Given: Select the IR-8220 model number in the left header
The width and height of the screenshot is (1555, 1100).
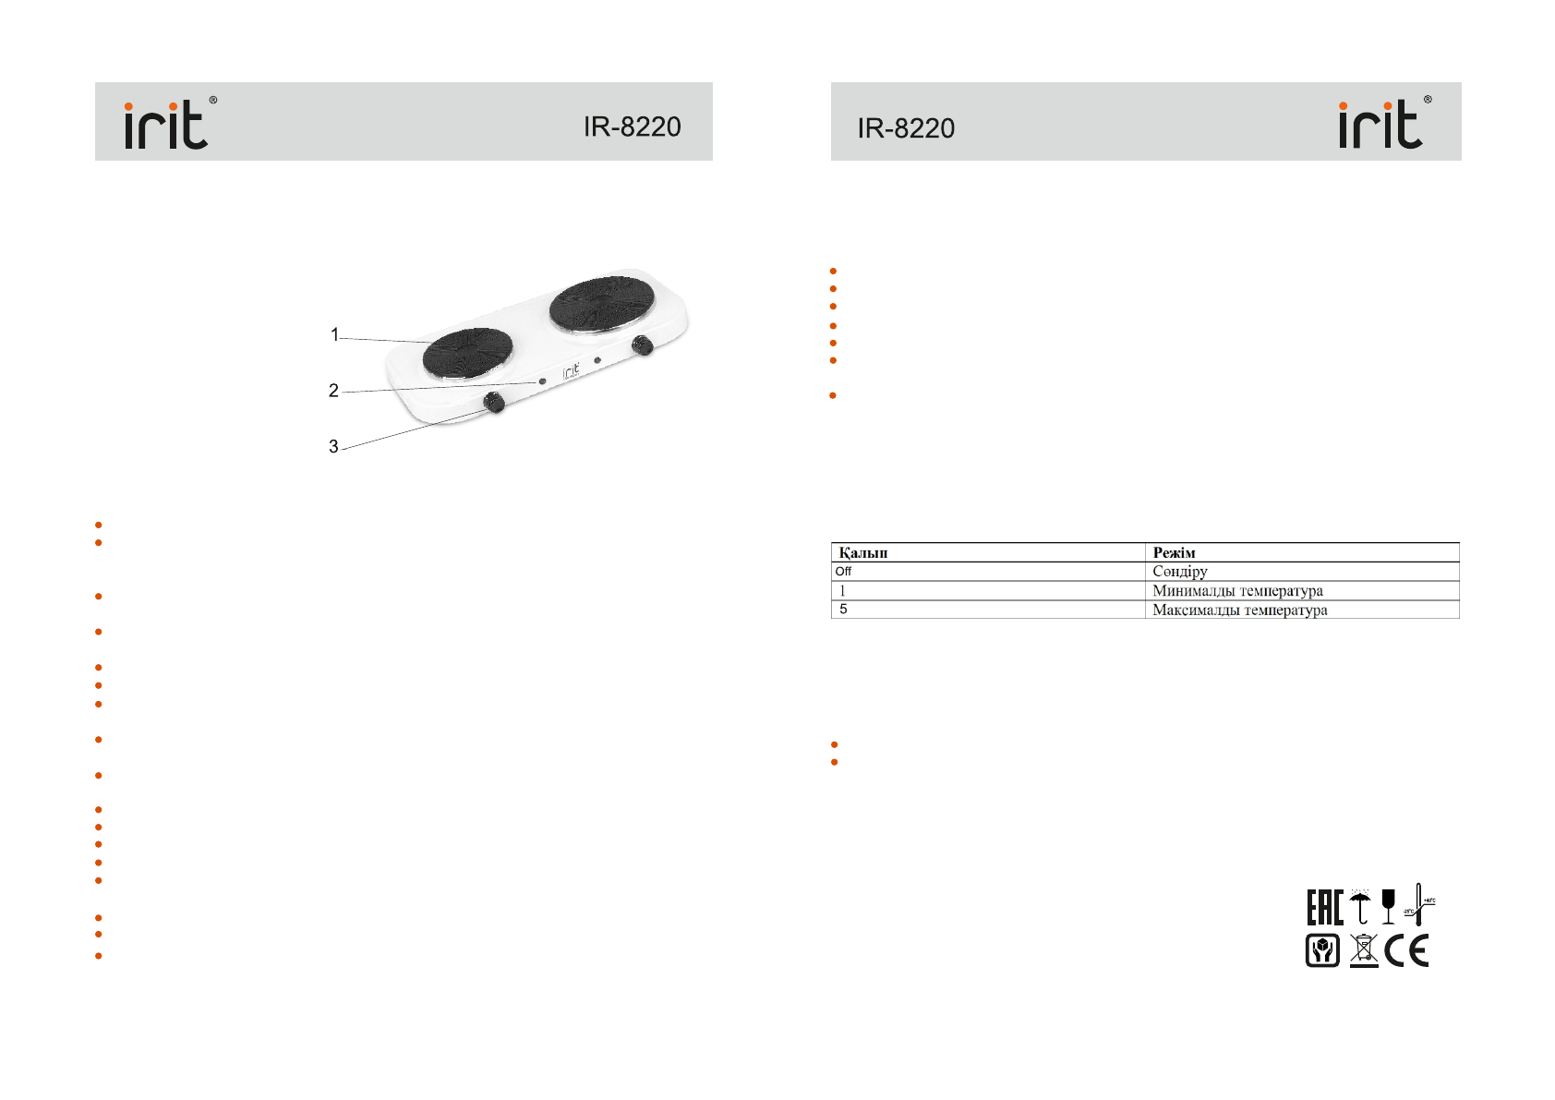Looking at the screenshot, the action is point(632,127).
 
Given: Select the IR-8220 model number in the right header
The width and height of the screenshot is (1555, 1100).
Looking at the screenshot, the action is point(906,128).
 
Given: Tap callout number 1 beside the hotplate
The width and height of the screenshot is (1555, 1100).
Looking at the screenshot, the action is point(334,334).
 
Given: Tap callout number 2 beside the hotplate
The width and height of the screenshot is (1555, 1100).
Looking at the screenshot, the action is point(333,391).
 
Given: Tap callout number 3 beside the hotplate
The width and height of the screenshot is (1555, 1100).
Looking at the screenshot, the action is point(333,446).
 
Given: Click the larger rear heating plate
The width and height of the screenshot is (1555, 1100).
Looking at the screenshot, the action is point(602,304).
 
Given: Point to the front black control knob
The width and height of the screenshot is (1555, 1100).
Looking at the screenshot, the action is point(494,402).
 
